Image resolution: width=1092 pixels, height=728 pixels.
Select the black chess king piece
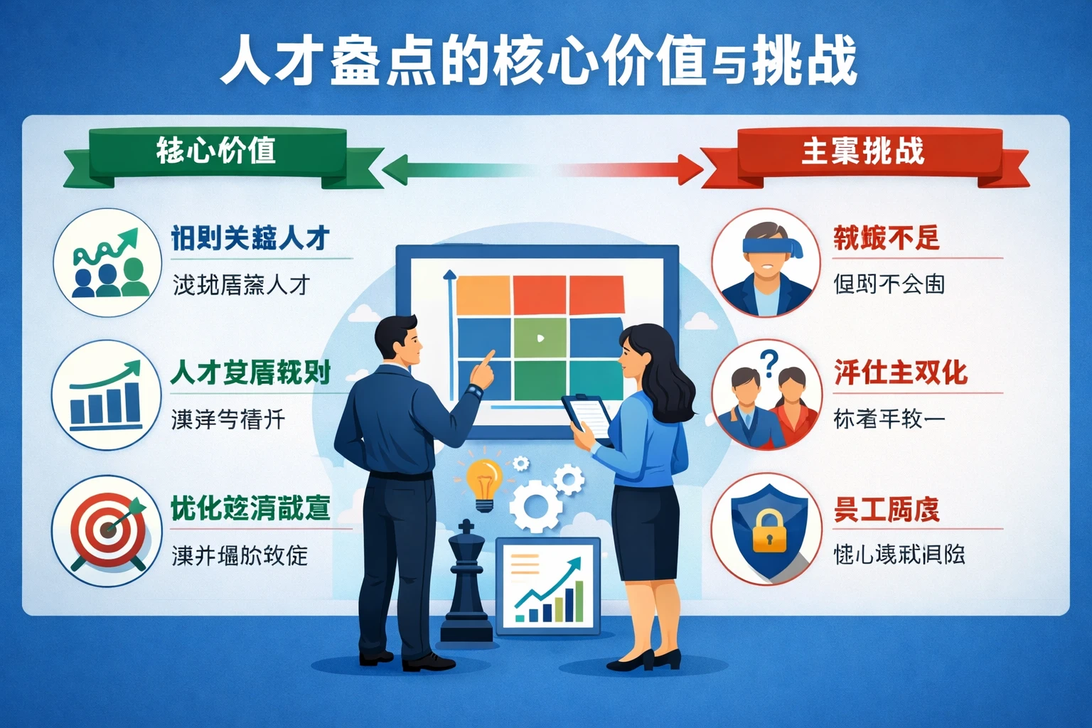click(x=466, y=583)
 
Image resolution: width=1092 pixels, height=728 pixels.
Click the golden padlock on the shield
click(x=769, y=531)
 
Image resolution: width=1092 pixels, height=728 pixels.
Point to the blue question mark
click(x=769, y=363)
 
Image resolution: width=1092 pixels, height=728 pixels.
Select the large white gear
click(x=535, y=505)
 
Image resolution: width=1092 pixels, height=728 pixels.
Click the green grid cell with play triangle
click(x=540, y=338)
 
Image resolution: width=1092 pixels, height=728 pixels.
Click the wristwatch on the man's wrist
click(x=475, y=390)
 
